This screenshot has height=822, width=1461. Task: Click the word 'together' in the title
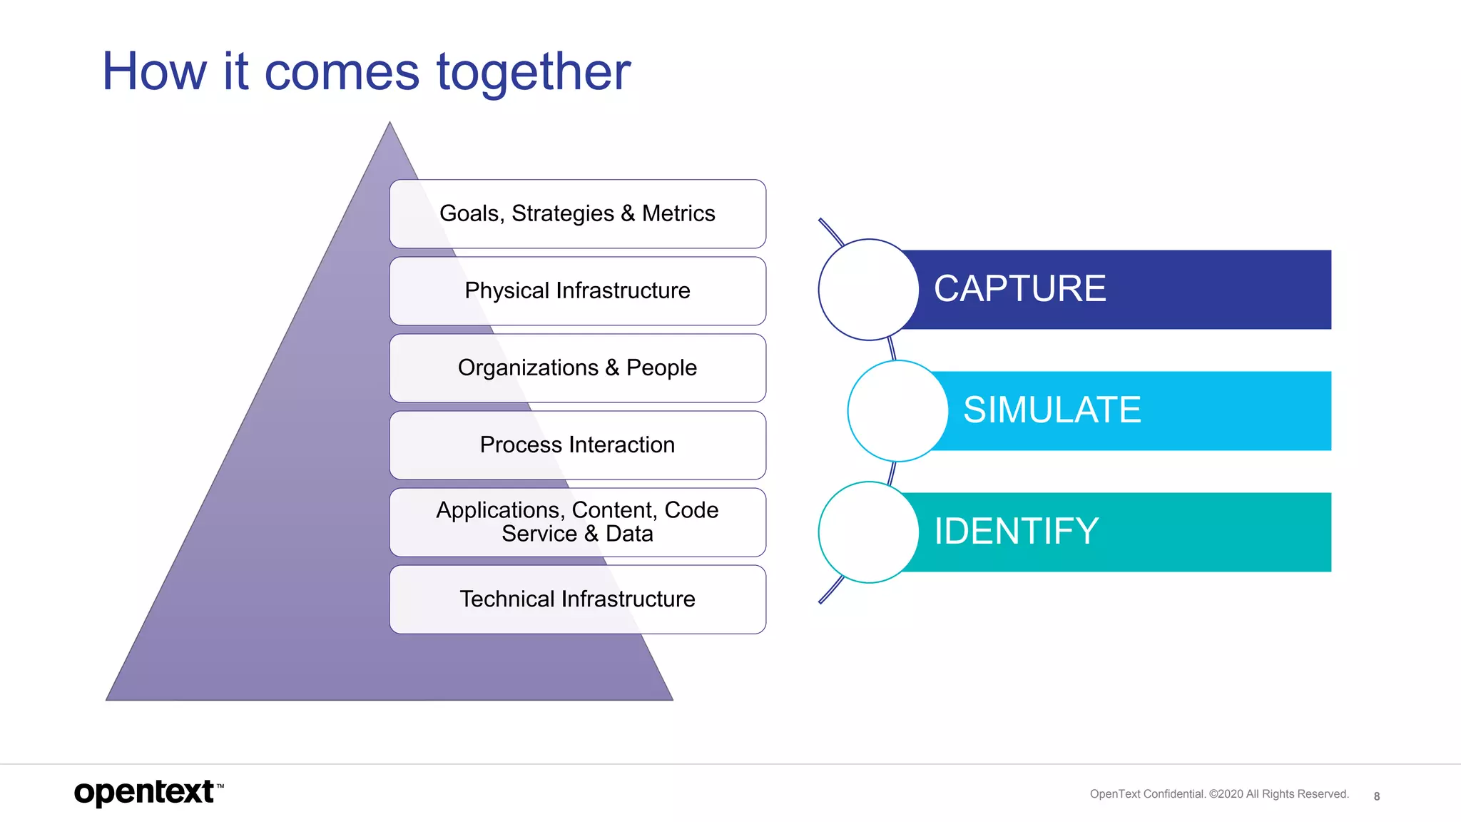534,73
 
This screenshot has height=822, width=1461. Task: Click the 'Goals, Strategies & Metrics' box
577,213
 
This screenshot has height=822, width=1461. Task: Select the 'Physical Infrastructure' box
577,290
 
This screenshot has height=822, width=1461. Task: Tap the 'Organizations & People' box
577,367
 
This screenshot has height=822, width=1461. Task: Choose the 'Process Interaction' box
577,445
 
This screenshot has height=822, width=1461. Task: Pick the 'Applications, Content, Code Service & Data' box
577,522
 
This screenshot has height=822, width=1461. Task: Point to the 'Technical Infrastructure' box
577,599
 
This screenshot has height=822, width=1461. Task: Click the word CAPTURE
1019,289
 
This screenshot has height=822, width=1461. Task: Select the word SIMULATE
1052,410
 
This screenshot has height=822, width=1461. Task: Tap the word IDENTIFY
1016,532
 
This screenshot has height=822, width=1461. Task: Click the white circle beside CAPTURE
868,289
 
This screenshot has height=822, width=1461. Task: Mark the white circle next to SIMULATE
897,410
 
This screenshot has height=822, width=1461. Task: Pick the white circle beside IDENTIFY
868,532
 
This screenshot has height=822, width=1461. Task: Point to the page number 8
1376,796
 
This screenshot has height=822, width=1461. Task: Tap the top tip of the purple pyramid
390,126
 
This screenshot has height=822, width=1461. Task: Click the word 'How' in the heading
154,72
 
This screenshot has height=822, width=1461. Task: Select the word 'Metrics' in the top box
678,213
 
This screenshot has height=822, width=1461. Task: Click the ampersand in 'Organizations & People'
612,367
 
